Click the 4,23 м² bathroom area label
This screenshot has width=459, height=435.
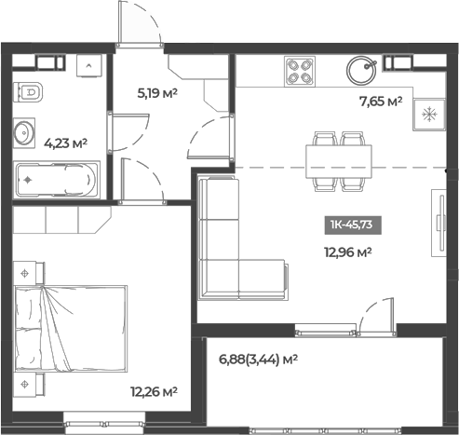pos(65,143)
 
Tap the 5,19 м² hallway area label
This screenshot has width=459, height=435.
pos(157,93)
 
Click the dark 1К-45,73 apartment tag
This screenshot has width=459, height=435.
pos(354,224)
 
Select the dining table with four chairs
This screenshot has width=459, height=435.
pos(340,155)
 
